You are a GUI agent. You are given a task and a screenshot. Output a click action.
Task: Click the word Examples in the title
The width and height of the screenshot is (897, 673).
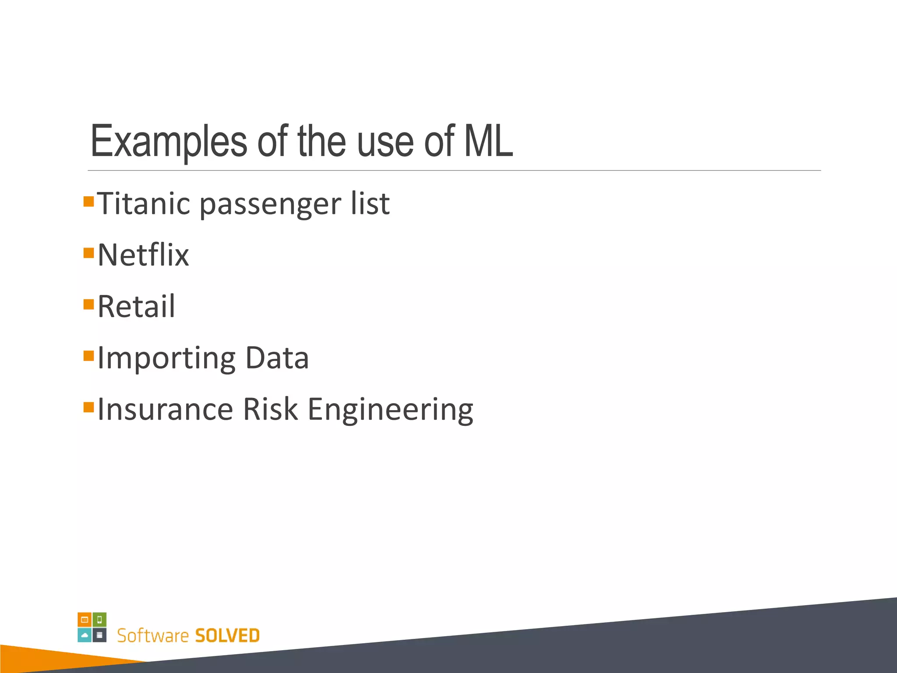[169, 142]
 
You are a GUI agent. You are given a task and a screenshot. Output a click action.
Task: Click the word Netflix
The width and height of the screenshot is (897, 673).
[143, 255]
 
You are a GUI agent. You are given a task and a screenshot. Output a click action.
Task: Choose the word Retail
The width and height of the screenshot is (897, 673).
[136, 306]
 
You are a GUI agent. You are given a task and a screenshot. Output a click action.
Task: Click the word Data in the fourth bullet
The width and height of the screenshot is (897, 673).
[277, 358]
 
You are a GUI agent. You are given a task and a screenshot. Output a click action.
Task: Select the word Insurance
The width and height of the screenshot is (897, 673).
[165, 409]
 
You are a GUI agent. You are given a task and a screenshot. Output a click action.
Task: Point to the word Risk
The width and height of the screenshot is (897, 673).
[270, 409]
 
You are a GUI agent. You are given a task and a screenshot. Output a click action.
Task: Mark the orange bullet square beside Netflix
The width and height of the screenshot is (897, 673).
[88, 253]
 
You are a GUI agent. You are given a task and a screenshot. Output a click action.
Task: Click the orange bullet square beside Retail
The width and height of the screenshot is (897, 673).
[88, 304]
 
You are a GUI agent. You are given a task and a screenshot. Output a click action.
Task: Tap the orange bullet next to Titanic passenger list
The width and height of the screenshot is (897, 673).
[88, 202]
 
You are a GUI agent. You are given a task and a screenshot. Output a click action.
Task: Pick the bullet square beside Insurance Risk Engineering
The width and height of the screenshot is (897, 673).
[88, 407]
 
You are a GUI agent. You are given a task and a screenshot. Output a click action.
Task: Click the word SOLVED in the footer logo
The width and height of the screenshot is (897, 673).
[227, 635]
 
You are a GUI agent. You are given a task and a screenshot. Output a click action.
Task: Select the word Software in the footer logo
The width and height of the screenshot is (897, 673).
[152, 635]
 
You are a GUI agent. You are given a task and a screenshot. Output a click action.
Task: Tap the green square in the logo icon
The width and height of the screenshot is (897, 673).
[100, 620]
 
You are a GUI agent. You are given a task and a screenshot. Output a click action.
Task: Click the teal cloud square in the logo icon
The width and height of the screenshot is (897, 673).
[85, 635]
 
